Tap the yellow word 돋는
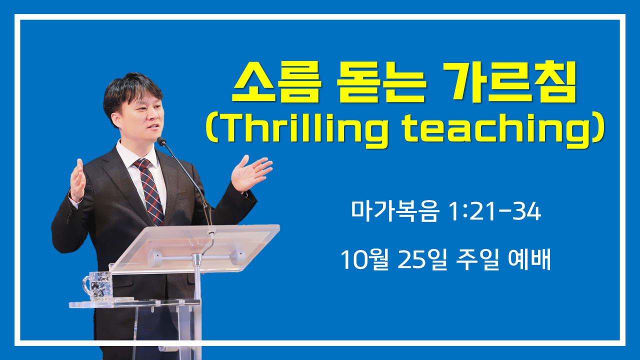[381, 82]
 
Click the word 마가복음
[394, 211]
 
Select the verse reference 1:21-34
[494, 211]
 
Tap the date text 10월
[365, 259]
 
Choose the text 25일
[422, 259]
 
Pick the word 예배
[529, 259]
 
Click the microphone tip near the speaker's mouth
[161, 141]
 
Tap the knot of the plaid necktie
[142, 164]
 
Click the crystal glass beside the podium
[97, 285]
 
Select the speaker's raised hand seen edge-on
[77, 180]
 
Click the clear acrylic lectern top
[194, 248]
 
